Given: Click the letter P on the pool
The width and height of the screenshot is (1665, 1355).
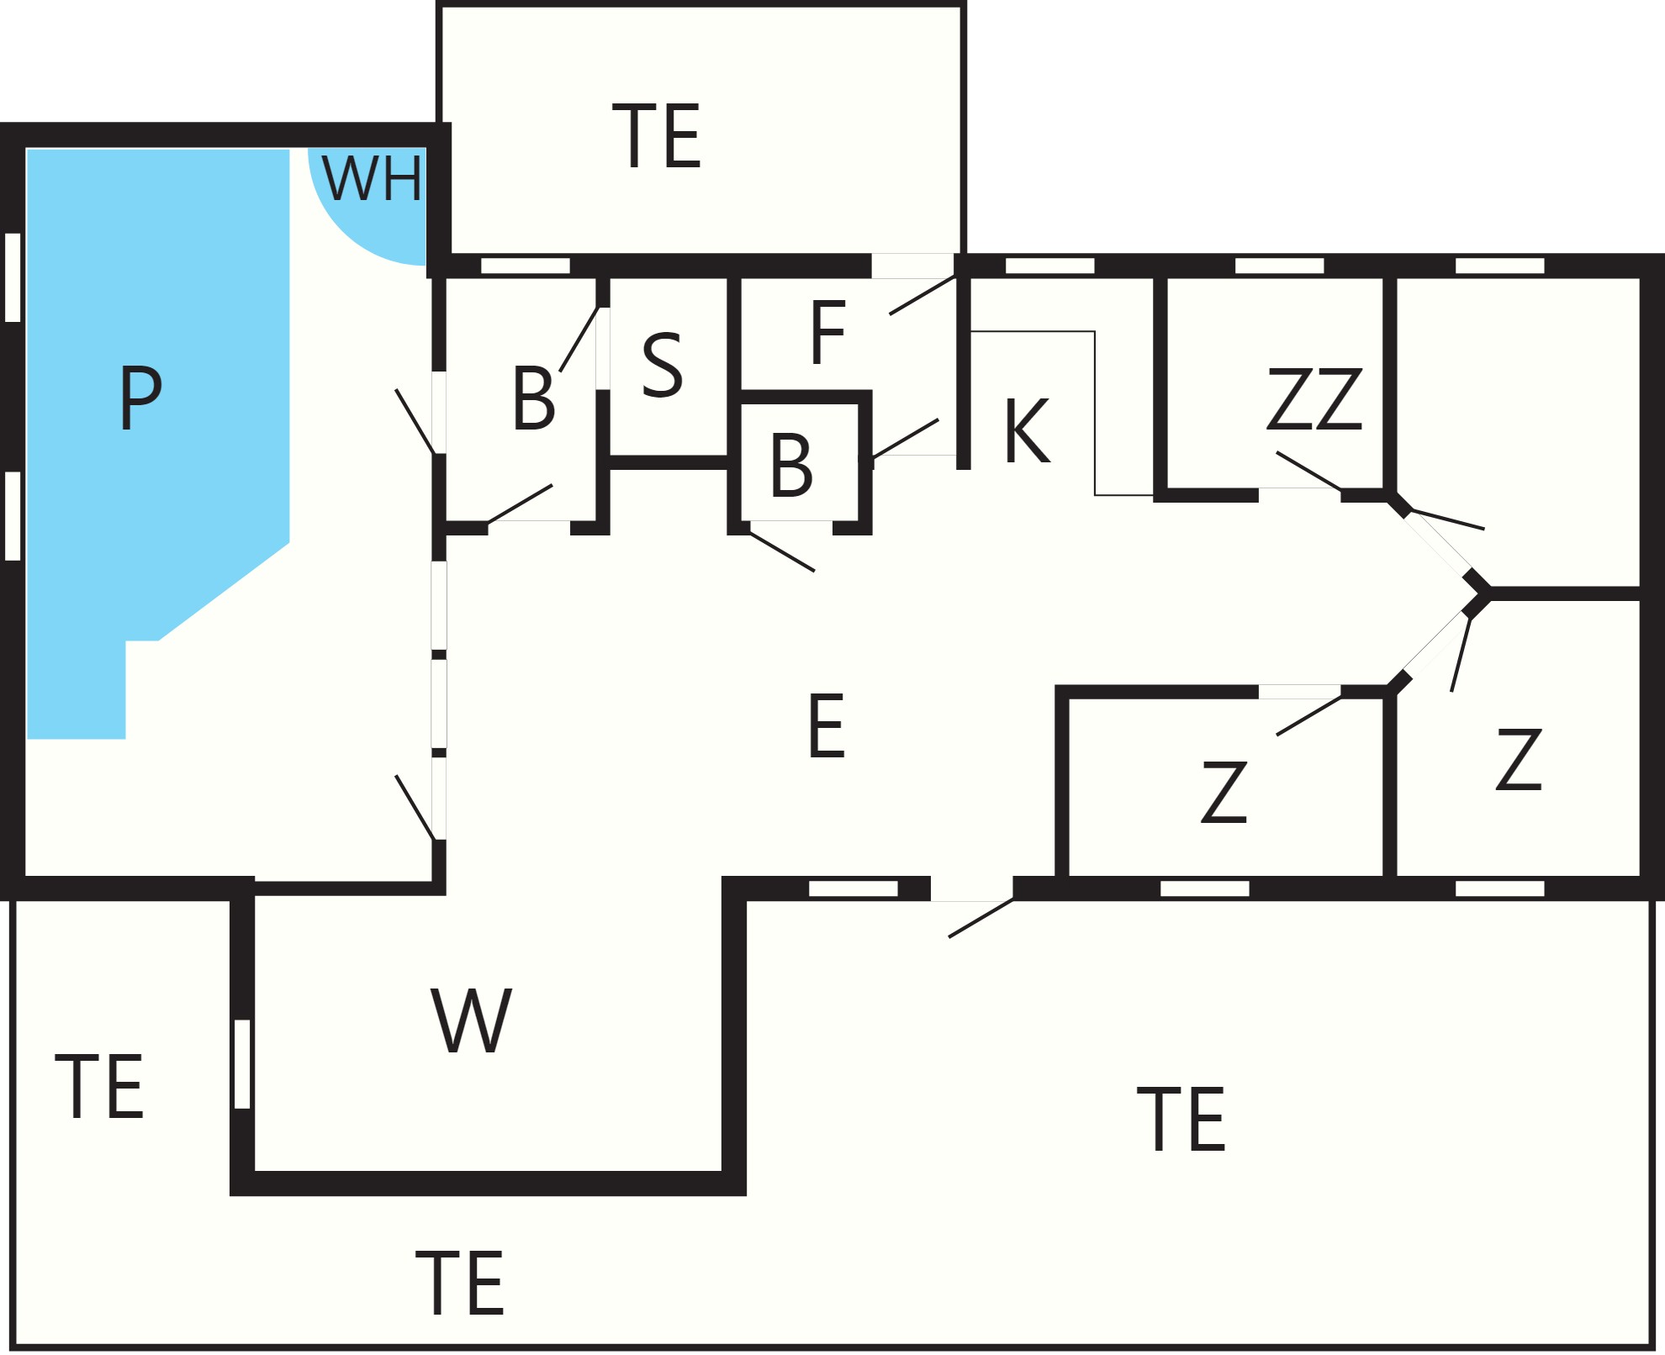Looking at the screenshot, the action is [140, 398].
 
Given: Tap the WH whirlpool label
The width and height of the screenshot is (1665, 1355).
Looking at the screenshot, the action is [372, 179].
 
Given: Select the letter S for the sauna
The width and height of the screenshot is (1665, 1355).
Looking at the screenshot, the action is [662, 365].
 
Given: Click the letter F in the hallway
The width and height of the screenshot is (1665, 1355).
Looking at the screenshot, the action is [827, 334].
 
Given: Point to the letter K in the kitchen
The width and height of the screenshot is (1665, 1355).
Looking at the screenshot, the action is [1027, 430].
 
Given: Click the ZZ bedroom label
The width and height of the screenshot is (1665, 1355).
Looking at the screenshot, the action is [1314, 398].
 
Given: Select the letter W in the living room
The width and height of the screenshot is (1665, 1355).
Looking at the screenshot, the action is [471, 1020].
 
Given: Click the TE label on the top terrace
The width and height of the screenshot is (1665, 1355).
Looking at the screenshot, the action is [657, 136].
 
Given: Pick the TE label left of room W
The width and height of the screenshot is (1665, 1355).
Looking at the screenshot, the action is [99, 1086].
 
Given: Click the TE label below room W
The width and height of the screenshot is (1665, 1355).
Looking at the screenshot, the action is [459, 1283].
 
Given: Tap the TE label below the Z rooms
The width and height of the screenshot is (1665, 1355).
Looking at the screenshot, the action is [1181, 1118].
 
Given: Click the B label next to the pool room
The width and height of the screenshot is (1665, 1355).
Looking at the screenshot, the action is [533, 398].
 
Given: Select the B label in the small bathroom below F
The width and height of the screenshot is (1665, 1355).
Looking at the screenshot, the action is [791, 465].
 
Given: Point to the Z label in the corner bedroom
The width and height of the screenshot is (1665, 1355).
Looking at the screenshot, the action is [1519, 759].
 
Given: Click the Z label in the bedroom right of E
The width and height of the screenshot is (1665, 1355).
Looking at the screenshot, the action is [1224, 791].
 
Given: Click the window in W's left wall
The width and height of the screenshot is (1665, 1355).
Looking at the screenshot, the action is [242, 1064].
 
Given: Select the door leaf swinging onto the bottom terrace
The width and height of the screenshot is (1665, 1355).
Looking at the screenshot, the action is [981, 918].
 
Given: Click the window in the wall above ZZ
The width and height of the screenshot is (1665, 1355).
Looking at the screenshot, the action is [1279, 266].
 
